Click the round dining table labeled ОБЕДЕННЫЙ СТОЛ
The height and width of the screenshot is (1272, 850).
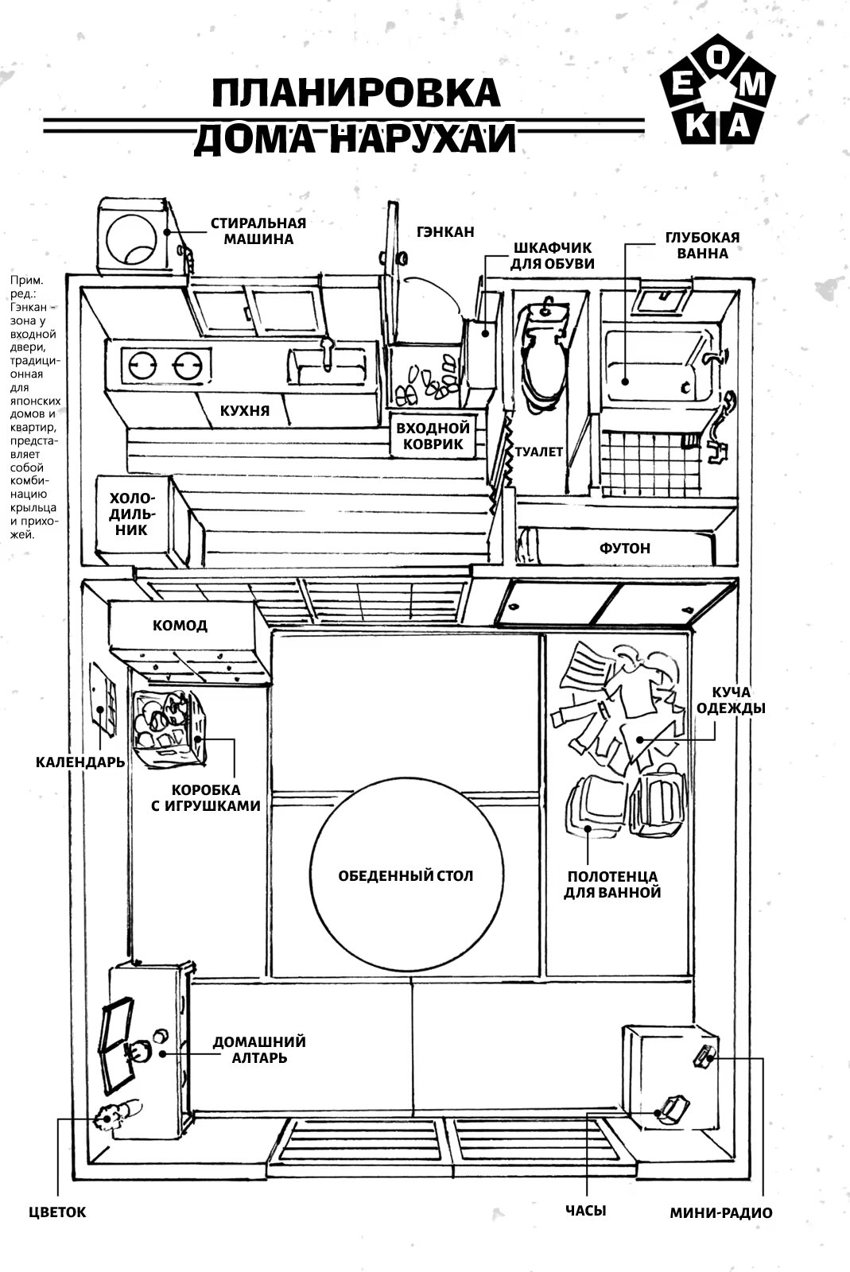click(406, 874)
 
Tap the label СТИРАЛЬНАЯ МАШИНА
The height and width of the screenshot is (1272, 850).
click(258, 231)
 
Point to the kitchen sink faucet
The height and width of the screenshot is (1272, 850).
click(325, 351)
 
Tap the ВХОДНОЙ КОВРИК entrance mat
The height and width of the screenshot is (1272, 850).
click(433, 436)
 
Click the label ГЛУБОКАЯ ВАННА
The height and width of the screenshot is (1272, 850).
click(702, 245)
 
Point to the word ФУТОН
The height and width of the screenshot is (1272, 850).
click(625, 548)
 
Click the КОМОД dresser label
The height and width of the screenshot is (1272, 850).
click(180, 625)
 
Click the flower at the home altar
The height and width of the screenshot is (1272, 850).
click(107, 1116)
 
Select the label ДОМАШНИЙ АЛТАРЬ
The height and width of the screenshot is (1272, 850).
click(259, 1049)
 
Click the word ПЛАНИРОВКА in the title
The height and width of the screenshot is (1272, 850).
click(345, 93)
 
